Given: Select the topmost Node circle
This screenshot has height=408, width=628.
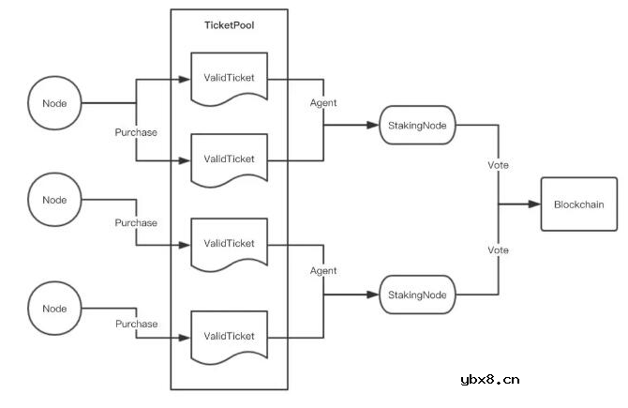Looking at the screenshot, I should [x=55, y=102].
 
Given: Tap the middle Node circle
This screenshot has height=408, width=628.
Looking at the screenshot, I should [x=55, y=199].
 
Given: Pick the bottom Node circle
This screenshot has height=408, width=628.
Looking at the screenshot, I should [x=55, y=307].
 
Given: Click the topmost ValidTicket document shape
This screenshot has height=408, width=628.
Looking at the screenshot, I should [x=230, y=77].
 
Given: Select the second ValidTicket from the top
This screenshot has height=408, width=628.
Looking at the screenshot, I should [x=230, y=159].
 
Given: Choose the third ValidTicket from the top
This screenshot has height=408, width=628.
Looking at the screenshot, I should [x=230, y=243].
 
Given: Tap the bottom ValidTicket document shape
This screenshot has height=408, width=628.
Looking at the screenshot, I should [x=230, y=335].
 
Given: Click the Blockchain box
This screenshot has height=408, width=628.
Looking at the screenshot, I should [x=578, y=204].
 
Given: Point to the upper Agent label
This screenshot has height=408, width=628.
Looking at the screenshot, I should [x=323, y=102].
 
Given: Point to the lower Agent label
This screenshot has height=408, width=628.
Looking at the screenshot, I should [x=323, y=270].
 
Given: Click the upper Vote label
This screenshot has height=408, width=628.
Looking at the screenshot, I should [x=499, y=164].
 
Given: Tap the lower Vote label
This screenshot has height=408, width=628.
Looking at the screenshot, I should [x=499, y=250].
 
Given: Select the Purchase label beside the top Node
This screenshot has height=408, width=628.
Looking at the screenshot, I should [x=136, y=132].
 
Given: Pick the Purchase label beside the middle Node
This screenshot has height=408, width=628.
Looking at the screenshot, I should [x=136, y=223].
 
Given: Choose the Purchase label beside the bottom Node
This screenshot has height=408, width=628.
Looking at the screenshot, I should [x=136, y=324].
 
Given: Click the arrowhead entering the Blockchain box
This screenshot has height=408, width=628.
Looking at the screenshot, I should [x=534, y=204].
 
